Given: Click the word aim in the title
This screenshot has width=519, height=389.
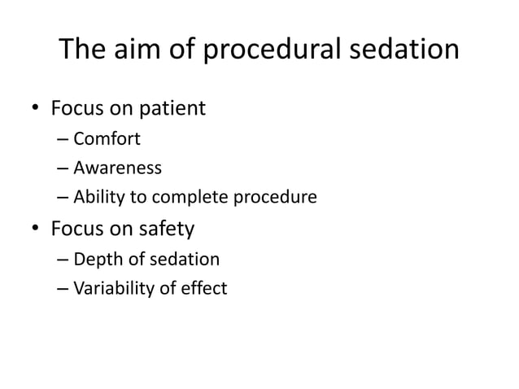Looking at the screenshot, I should (x=142, y=50).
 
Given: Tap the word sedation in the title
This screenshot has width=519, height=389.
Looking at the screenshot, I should (x=405, y=50).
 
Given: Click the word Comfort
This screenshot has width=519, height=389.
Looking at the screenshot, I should (x=107, y=138).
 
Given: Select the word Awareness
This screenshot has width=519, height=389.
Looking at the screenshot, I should (x=117, y=168).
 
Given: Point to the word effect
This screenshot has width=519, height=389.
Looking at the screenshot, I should (x=206, y=289).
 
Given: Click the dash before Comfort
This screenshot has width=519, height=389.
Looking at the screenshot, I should (x=63, y=139).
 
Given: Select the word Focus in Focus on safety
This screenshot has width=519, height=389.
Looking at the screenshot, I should (x=76, y=229).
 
